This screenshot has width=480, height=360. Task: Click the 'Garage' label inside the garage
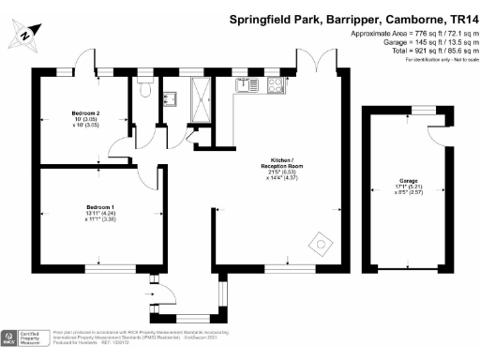tap(407, 179)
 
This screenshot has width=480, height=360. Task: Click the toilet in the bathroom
tap(142, 90)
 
